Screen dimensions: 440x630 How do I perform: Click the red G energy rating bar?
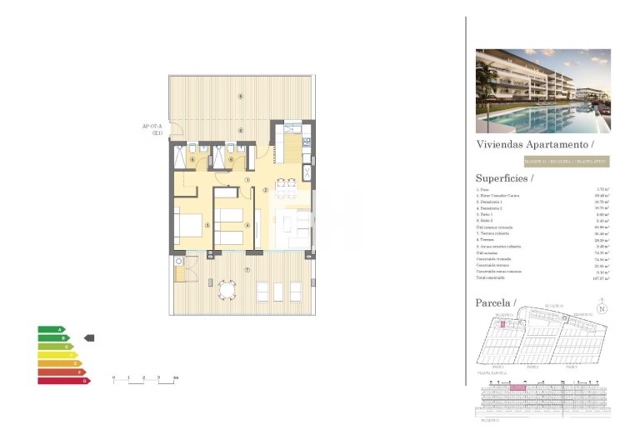(x=62, y=382)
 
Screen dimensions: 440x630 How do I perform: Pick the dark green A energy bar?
(x=51, y=329)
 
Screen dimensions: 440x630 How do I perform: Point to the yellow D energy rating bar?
(x=57, y=355)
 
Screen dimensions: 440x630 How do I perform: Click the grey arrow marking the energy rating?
(x=90, y=337)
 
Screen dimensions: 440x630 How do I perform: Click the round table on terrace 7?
(x=226, y=289)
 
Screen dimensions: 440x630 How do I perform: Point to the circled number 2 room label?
(x=265, y=190)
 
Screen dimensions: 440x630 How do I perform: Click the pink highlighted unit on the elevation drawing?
(x=517, y=387)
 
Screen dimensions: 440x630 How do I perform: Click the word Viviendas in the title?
(x=498, y=144)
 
